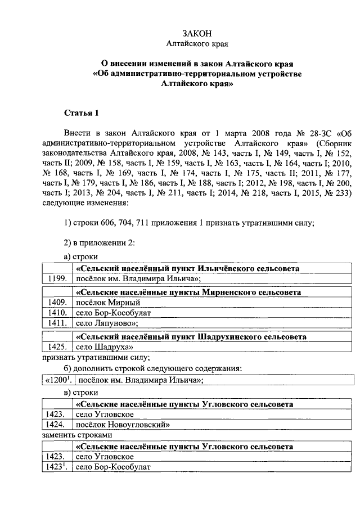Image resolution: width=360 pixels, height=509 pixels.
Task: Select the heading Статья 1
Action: (81, 113)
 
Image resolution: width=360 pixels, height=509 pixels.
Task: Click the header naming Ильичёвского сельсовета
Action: (187, 268)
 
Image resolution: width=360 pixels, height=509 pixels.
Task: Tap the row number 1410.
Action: (57, 313)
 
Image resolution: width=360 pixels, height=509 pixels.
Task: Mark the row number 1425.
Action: (57, 347)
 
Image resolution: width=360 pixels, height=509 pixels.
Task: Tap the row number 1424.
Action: (57, 425)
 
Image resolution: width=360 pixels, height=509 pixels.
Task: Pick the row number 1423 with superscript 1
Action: (57, 467)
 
